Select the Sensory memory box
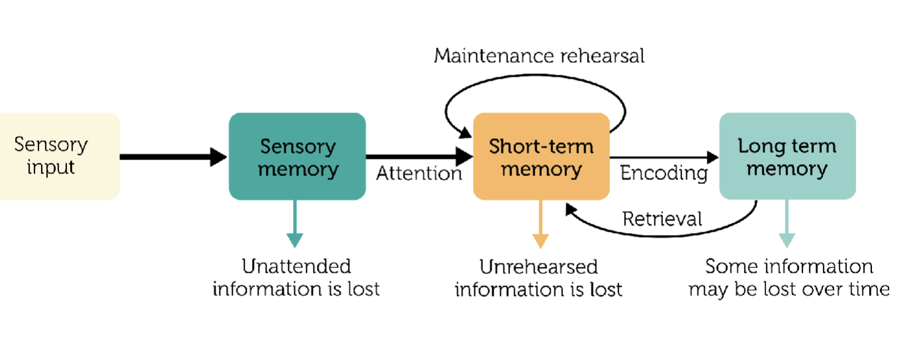tap(297, 156)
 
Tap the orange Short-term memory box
tap(541, 156)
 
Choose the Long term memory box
tap(787, 156)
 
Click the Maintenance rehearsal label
tap(539, 56)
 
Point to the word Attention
tap(419, 174)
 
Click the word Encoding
tap(664, 173)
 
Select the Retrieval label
tap(662, 218)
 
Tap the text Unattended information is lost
tap(296, 278)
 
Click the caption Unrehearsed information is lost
tap(539, 278)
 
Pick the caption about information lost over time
tap(789, 278)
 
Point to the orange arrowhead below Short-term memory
tap(541, 240)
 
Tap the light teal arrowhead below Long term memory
tap(787, 240)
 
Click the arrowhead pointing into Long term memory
tap(712, 157)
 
